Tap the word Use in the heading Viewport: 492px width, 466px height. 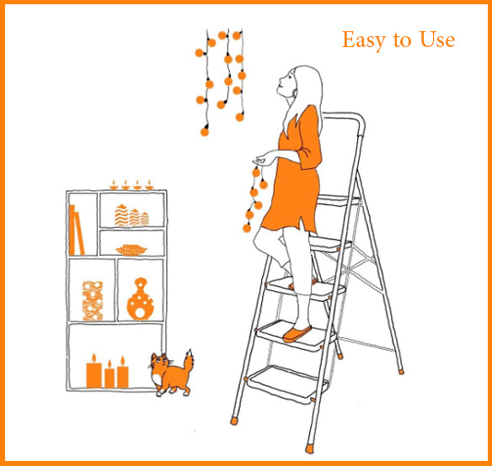(x=437, y=40)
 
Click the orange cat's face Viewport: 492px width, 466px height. (x=158, y=367)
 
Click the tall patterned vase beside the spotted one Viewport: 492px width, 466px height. (x=92, y=300)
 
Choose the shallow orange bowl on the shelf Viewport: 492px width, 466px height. (x=131, y=250)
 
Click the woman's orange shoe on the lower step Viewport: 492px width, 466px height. (x=297, y=334)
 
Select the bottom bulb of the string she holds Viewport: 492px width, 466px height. (x=247, y=227)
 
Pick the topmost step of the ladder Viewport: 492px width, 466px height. (x=337, y=200)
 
